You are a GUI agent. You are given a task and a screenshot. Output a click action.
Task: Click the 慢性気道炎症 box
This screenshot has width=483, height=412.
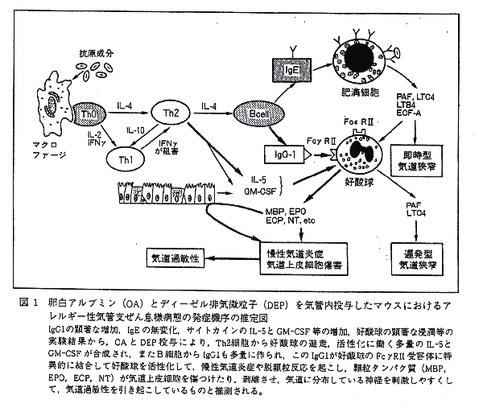click(296, 256)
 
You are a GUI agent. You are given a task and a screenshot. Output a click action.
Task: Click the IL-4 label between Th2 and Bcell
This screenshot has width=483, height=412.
click(211, 106)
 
